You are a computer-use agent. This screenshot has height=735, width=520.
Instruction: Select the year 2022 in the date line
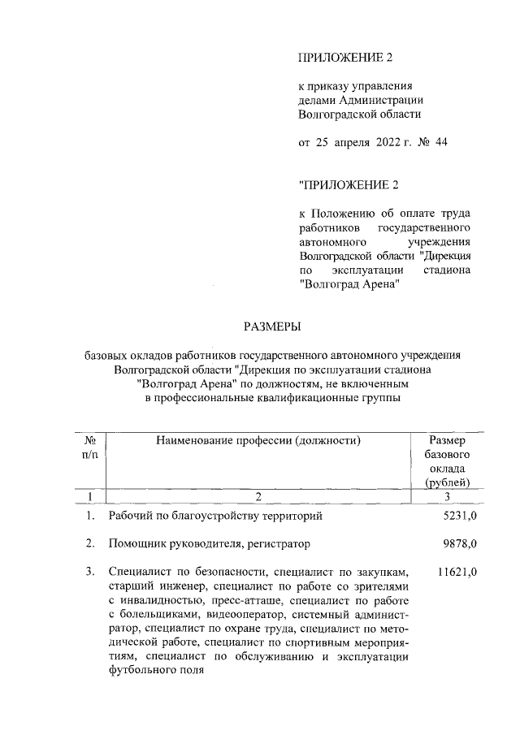(392, 143)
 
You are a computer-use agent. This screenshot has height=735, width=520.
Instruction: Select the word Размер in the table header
(448, 440)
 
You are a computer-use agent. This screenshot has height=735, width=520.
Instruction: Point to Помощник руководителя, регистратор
(209, 543)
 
